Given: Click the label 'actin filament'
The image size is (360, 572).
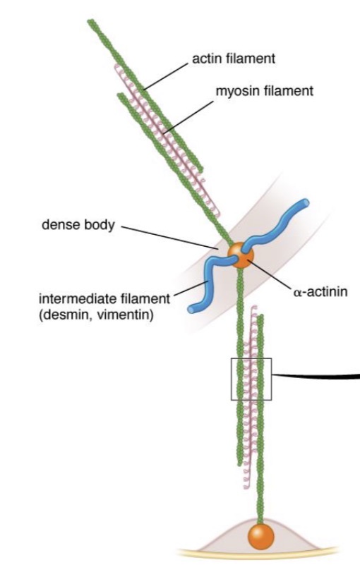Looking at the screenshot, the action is click(234, 59).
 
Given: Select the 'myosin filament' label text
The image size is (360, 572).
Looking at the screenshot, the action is click(264, 91).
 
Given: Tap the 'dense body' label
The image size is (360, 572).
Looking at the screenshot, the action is click(78, 225).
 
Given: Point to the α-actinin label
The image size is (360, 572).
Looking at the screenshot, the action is click(320, 292).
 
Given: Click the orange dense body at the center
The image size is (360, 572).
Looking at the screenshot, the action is click(240, 255).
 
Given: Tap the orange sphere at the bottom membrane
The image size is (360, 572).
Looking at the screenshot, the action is click(260, 536).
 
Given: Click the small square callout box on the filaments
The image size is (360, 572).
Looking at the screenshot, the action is click(251, 358).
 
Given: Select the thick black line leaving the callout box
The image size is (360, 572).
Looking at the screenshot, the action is click(316, 376).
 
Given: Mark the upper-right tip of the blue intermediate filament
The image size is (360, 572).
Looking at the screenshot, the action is click(304, 203).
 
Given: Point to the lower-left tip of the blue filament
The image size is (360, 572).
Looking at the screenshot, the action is click(192, 309).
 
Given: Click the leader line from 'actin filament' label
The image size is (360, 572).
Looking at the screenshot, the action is click(166, 76).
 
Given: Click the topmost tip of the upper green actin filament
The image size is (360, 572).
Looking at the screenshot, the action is click(90, 22).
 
